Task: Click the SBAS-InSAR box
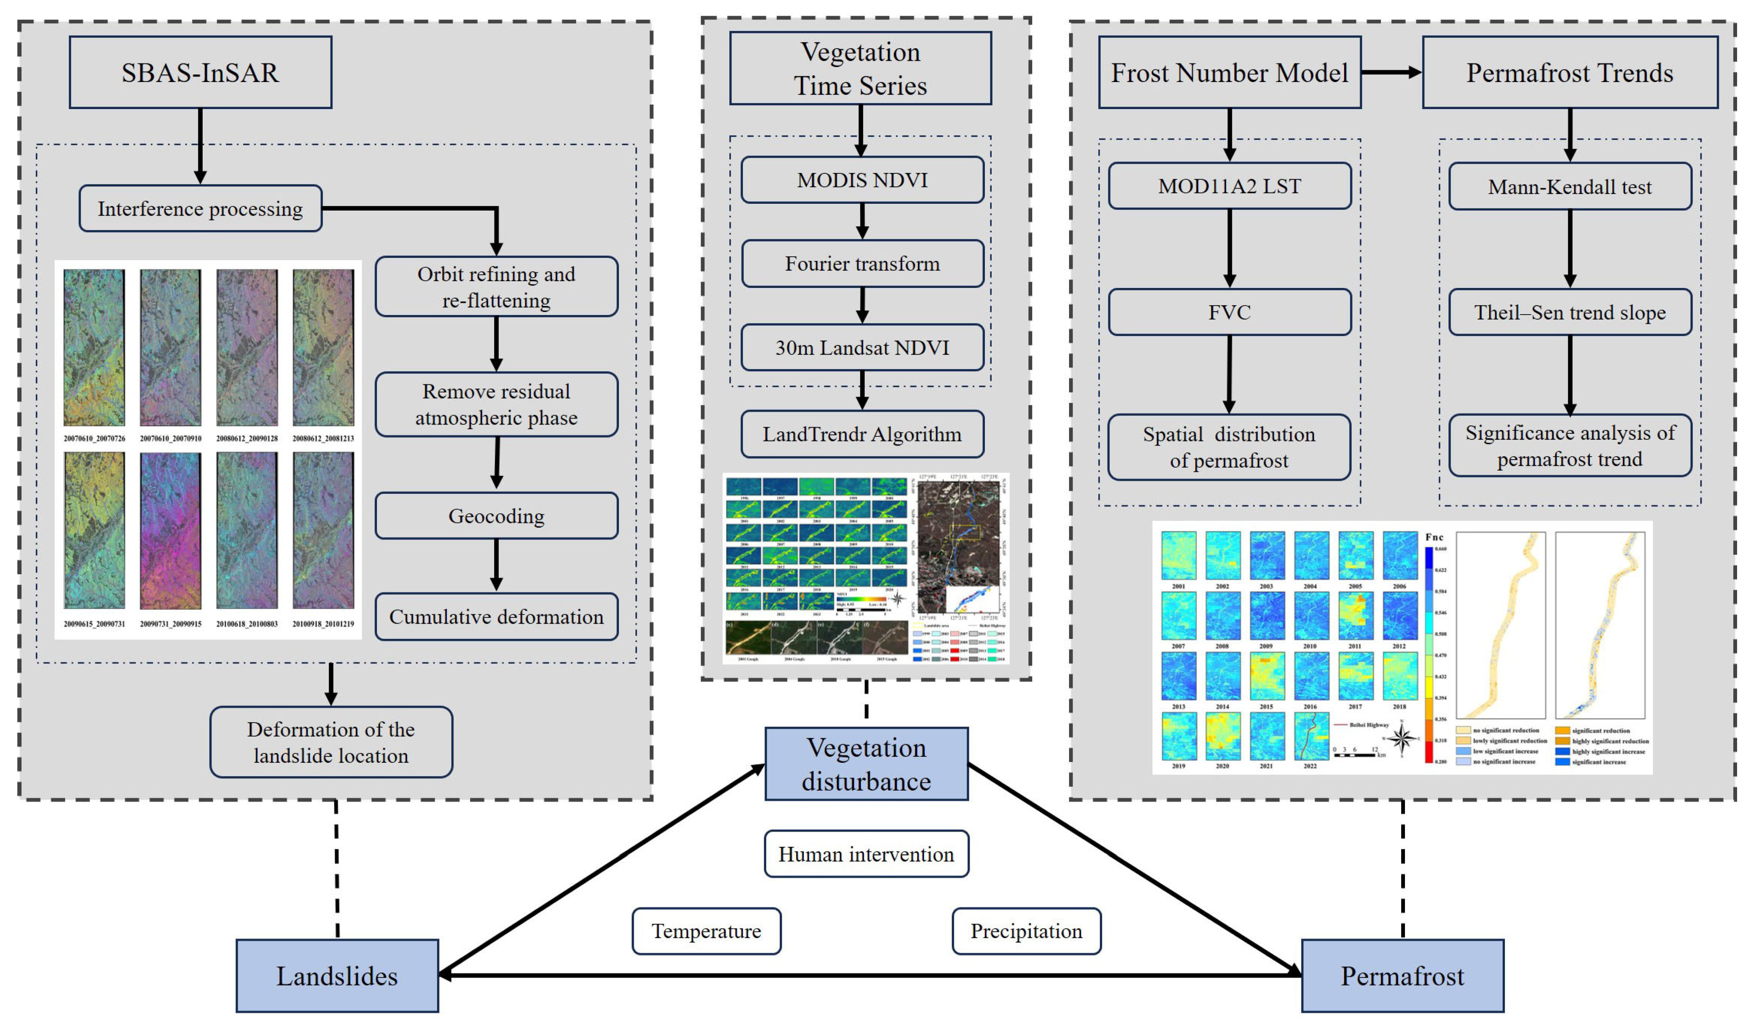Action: pyautogui.click(x=201, y=72)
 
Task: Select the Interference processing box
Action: pyautogui.click(x=201, y=209)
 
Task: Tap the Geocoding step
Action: pyautogui.click(x=496, y=516)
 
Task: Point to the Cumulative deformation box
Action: pyautogui.click(x=496, y=616)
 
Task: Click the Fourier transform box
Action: pyautogui.click(x=862, y=264)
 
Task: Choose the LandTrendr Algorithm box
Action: pyautogui.click(x=862, y=434)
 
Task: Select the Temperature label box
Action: pyautogui.click(x=707, y=931)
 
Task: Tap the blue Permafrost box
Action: pyautogui.click(x=1402, y=975)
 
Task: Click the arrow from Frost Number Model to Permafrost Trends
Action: pyautogui.click(x=1391, y=72)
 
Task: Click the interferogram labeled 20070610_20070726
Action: pyautogui.click(x=94, y=348)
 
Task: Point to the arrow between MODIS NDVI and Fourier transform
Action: pyautogui.click(x=862, y=221)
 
